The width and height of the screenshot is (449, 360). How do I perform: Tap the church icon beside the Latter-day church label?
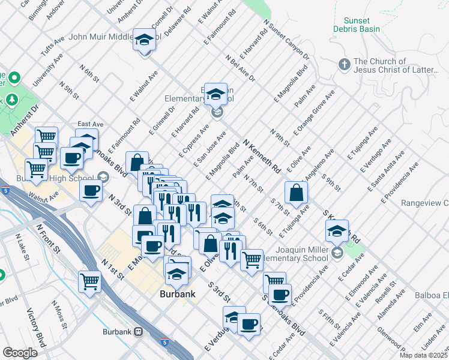[x=345, y=64]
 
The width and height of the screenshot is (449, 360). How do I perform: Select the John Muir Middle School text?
[x=99, y=37]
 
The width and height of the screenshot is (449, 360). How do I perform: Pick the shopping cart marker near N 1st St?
[x=89, y=281]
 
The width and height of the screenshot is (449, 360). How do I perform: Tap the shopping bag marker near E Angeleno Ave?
[x=297, y=193]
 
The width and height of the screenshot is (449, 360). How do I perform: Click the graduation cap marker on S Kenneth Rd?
[x=337, y=231]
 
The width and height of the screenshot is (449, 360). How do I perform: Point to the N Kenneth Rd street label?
[x=262, y=156]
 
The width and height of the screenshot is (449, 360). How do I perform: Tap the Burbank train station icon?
[x=139, y=330]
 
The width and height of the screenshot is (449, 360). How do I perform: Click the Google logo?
[x=20, y=352]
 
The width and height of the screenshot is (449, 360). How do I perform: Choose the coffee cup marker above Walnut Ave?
[x=91, y=191]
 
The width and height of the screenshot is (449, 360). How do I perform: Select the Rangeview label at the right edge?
[x=426, y=203]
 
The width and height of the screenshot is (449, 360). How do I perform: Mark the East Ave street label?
[x=91, y=124]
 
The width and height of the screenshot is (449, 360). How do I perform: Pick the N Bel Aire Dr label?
[x=240, y=69]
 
